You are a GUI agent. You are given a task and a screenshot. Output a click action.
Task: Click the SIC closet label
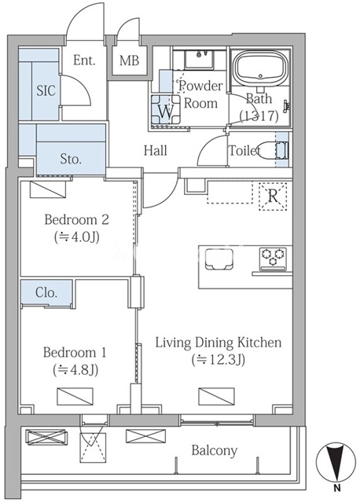pyautogui.click(x=46, y=91)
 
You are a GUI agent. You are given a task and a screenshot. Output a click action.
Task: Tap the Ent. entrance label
pyautogui.click(x=84, y=60)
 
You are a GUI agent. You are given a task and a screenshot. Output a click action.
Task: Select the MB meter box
pyautogui.click(x=130, y=61)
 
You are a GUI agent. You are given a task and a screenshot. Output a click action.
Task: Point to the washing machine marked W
pyautogui.click(x=166, y=110)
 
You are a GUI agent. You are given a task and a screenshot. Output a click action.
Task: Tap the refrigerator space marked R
pyautogui.click(x=273, y=196)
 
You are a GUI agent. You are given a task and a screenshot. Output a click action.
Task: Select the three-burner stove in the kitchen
pyautogui.click(x=273, y=258)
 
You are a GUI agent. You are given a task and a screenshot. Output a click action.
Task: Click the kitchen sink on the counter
pyautogui.click(x=219, y=259)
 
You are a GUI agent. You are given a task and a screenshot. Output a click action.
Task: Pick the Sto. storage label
pyautogui.click(x=71, y=159)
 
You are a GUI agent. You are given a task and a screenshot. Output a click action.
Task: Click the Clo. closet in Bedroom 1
pyautogui.click(x=46, y=292)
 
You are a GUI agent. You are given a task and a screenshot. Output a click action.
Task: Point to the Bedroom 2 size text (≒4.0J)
pyautogui.click(x=77, y=237)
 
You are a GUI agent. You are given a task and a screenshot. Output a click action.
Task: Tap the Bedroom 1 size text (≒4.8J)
pyautogui.click(x=75, y=370)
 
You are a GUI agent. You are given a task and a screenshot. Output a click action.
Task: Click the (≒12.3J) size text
pyautogui.click(x=219, y=360)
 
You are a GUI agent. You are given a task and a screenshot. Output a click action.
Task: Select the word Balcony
pyautogui.click(x=215, y=450)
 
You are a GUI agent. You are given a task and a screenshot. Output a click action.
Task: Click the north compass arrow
pyautogui.click(x=336, y=463)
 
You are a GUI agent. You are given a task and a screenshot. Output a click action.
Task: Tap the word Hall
pyautogui.click(x=156, y=150)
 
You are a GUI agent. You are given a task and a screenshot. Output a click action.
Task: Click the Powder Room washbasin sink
pyautogui.click(x=199, y=59)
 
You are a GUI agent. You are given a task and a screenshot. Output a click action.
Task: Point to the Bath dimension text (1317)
pyautogui.click(x=259, y=116)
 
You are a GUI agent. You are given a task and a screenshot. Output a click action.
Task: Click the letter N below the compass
pyautogui.click(x=336, y=489)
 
